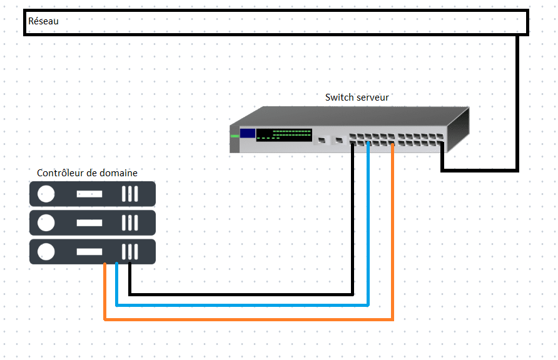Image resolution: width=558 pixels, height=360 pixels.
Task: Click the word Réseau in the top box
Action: (43, 21)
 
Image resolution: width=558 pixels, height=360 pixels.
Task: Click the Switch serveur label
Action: (357, 97)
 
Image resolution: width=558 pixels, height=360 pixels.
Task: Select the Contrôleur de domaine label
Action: (87, 173)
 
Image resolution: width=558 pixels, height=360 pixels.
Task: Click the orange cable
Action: (250, 319)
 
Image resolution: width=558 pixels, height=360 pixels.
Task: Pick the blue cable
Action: (250, 306)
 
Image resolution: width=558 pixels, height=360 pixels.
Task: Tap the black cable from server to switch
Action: (250, 293)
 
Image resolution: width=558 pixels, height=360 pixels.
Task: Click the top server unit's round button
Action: (46, 194)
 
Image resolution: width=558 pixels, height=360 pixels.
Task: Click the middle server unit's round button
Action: (46, 222)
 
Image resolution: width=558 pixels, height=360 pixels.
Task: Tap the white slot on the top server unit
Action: (89, 194)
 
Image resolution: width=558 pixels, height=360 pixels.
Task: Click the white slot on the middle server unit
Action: (89, 222)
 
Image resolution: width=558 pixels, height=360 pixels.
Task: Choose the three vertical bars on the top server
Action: (129, 194)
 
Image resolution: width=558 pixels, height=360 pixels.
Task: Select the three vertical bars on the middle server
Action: (129, 222)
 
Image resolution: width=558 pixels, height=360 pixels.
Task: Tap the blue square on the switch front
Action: (248, 133)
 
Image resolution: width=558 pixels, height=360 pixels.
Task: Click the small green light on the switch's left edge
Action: (235, 135)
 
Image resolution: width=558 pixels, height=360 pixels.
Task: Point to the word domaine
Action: (119, 173)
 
